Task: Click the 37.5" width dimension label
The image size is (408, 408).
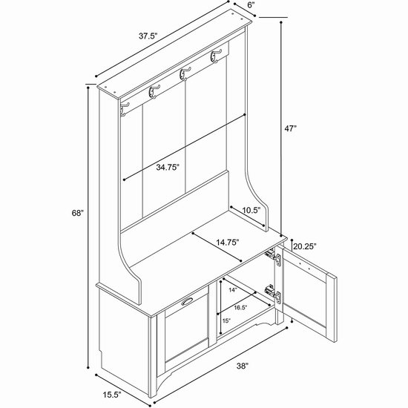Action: click(148, 36)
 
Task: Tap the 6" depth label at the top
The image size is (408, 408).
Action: click(251, 5)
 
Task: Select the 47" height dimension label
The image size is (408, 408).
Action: click(290, 128)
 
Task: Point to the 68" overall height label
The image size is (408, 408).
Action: click(78, 213)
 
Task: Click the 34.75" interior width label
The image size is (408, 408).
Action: click(168, 167)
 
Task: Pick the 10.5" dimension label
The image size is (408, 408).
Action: click(251, 210)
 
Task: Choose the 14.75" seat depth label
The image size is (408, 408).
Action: click(228, 243)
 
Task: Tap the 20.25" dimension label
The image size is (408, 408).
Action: click(304, 246)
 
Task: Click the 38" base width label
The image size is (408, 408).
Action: click(243, 366)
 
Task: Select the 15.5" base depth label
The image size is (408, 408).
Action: click(112, 395)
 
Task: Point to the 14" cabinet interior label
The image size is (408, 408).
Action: click(234, 290)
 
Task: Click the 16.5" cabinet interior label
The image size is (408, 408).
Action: click(240, 308)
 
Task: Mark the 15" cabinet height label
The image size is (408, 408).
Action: click(226, 320)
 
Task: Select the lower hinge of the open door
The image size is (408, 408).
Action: click(273, 294)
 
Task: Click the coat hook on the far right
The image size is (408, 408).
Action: click(216, 56)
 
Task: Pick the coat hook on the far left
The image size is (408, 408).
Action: click(125, 109)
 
